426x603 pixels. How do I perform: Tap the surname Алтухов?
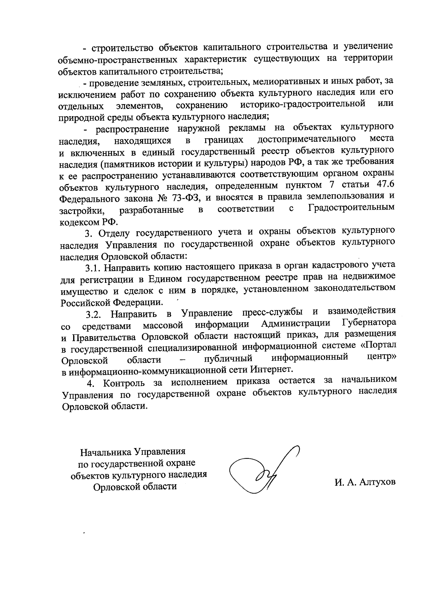pos(377,482)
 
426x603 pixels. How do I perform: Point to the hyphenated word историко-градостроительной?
pos(303,104)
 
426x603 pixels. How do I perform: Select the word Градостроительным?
pos(351,208)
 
